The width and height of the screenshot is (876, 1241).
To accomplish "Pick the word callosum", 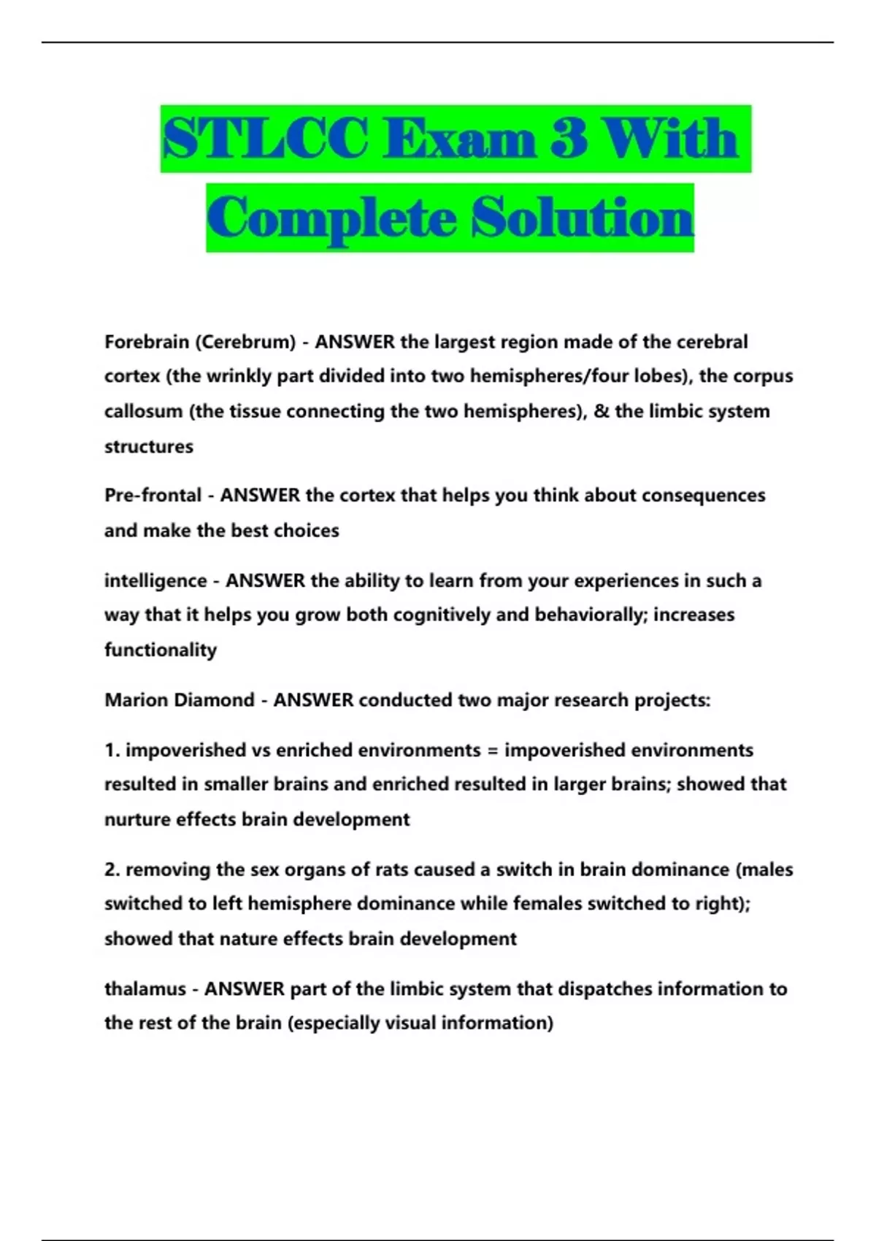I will click(143, 411).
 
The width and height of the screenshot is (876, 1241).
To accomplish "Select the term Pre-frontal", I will click(152, 495).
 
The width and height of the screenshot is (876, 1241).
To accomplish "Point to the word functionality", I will click(161, 650).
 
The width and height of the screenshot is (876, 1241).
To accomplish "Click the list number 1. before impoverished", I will click(112, 750).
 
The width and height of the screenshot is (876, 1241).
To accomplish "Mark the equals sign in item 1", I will click(492, 750).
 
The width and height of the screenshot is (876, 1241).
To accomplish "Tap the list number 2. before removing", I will click(112, 869).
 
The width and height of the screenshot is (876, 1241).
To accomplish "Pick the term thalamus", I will click(145, 989).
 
